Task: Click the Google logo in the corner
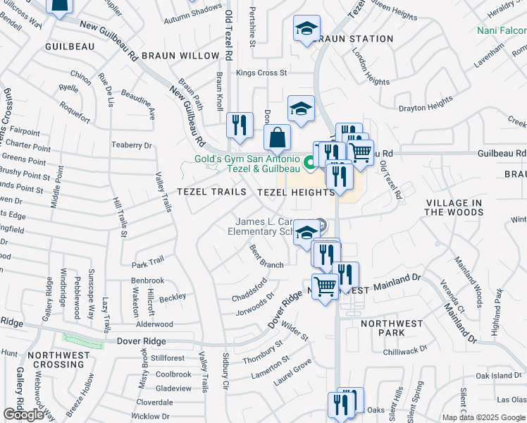point(23,415)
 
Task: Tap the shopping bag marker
point(278,137)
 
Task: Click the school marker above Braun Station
point(306,30)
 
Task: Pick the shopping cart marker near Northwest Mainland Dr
point(324,286)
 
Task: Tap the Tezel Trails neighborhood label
point(211,192)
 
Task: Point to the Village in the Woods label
point(454,207)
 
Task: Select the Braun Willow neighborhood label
point(180,55)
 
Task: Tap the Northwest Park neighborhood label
point(392,328)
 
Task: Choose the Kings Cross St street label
point(261,73)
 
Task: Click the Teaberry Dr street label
point(132,145)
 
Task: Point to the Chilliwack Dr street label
point(404,350)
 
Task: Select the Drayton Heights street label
point(426,104)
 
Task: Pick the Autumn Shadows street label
point(192,11)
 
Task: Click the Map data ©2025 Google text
point(484,417)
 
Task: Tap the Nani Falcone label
point(501,31)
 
